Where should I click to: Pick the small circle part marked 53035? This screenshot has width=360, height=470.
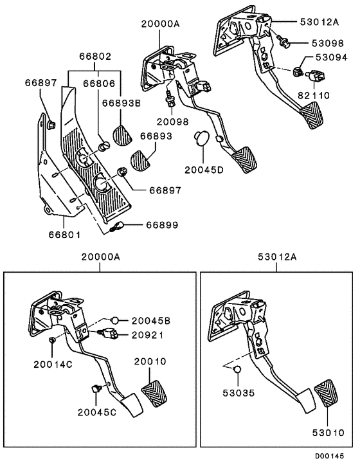click(235, 370)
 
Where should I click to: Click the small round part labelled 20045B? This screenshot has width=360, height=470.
click(114, 320)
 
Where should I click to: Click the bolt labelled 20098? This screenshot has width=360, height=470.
click(172, 100)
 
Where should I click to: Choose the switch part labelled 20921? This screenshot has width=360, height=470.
click(109, 333)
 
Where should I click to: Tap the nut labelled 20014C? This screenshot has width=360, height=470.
click(52, 340)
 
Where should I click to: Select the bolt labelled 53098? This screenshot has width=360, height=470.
click(283, 43)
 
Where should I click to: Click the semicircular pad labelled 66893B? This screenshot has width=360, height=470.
click(122, 134)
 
